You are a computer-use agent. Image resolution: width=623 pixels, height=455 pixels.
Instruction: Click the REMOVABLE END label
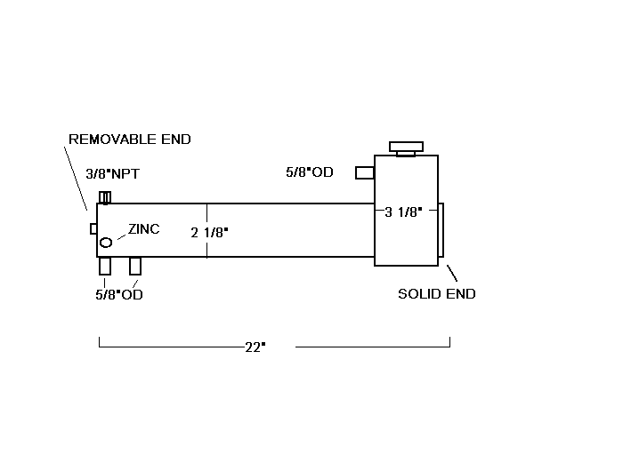130,140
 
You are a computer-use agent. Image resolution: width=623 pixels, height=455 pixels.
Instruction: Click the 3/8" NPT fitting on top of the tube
104,197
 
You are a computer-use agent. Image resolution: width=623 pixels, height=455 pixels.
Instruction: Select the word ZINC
143,228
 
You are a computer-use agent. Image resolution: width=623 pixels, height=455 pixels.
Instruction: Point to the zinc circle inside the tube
106,243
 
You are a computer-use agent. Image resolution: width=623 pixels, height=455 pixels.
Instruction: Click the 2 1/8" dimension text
210,233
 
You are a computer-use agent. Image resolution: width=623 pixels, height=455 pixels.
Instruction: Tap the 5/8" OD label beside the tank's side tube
310,172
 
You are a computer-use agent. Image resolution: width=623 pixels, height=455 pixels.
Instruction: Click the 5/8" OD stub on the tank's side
364,172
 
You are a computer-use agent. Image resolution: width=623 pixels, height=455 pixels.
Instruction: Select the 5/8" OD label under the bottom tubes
119,295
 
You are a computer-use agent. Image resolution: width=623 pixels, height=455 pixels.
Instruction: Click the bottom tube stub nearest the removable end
105,266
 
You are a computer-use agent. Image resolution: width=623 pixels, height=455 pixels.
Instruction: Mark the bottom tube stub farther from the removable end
135,266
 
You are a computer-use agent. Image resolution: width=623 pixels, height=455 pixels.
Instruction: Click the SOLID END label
436,294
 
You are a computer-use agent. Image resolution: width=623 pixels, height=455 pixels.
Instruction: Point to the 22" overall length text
255,347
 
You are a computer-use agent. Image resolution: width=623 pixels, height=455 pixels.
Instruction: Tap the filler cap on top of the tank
406,147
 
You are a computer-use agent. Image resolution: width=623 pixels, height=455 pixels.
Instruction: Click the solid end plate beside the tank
441,232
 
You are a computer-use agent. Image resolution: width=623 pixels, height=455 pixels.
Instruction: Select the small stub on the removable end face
93,228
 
